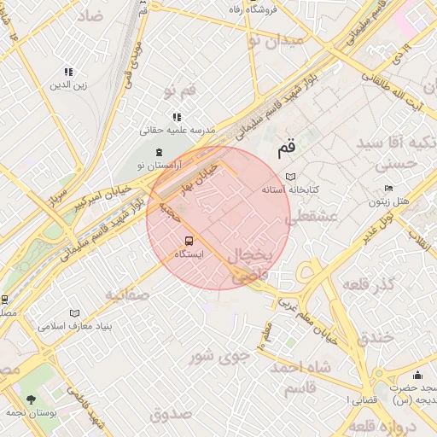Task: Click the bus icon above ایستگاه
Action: point(189,241)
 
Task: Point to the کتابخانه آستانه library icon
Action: point(290,175)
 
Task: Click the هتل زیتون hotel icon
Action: point(388,189)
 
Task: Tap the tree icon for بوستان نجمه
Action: point(32,399)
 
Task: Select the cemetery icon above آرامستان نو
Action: point(159,151)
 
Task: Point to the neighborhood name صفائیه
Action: point(128,294)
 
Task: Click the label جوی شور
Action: point(219,353)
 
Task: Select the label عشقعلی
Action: point(312,218)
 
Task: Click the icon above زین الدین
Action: point(68,73)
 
